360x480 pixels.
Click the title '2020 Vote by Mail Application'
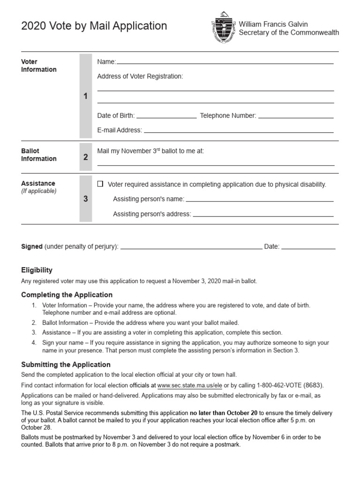(94, 26)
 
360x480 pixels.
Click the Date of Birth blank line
(166, 117)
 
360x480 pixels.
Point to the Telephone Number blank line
(296, 117)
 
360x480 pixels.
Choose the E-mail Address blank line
(239, 131)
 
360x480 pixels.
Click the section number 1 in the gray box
(85, 96)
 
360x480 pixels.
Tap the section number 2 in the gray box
(85, 157)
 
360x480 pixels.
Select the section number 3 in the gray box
(85, 199)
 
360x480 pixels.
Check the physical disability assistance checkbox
(100, 184)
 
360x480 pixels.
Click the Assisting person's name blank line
(260, 200)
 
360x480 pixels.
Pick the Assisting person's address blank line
(263, 215)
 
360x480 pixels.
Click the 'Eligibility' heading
(37, 270)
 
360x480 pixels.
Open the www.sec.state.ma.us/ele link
(189, 385)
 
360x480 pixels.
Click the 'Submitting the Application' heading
(66, 364)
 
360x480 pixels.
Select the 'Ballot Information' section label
(38, 155)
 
